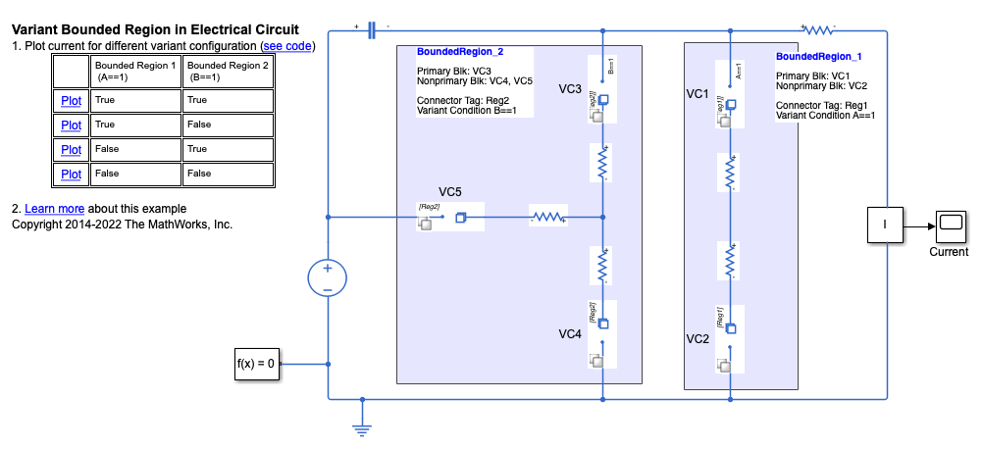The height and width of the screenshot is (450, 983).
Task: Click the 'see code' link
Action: click(286, 46)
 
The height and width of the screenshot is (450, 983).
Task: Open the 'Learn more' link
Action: click(54, 209)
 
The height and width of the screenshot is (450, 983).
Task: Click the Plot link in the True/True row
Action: click(71, 100)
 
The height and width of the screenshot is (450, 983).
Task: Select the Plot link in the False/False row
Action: click(71, 175)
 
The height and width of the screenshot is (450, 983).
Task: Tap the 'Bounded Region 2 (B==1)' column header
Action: click(228, 71)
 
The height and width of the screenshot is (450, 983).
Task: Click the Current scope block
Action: click(949, 226)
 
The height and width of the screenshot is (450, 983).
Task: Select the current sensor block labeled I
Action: click(885, 226)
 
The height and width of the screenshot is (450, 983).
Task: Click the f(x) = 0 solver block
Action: click(256, 364)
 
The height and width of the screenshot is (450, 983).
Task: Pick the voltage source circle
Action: click(328, 278)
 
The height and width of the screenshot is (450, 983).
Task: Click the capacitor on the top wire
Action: click(372, 31)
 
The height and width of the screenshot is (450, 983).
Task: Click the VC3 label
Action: click(571, 89)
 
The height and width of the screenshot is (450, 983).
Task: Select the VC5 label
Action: click(450, 191)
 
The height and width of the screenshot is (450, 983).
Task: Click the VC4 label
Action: click(571, 334)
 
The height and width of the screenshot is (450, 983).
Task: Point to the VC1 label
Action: click(698, 94)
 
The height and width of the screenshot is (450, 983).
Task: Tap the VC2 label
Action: click(698, 339)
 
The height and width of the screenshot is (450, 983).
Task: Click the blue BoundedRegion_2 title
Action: click(460, 51)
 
